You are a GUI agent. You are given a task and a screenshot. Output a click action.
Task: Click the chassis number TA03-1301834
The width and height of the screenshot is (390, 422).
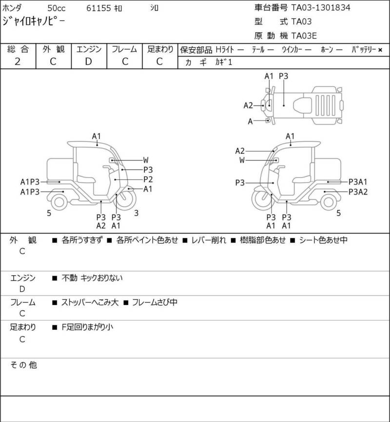(x=321, y=7)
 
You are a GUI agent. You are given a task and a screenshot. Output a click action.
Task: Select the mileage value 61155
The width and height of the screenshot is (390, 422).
(x=98, y=8)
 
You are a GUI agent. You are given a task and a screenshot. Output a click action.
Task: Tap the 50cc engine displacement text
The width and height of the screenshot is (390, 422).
(x=57, y=8)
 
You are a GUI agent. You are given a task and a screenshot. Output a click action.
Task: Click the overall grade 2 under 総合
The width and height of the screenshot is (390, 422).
(x=18, y=61)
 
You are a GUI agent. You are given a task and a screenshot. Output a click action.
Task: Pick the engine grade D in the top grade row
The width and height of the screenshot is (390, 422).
(x=89, y=61)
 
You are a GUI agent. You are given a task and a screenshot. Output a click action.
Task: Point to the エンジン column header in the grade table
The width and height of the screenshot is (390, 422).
(x=89, y=49)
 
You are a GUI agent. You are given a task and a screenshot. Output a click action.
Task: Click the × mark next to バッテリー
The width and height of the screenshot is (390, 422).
(x=380, y=50)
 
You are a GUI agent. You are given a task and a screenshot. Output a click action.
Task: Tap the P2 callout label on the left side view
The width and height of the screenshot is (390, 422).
(x=148, y=179)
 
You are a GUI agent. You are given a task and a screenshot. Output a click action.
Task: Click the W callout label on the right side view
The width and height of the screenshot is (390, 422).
(x=242, y=160)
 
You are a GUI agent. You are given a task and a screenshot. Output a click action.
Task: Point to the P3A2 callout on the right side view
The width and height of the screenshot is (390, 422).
(x=358, y=192)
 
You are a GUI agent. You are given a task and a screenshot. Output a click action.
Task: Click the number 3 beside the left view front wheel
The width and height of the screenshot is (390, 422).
(x=136, y=213)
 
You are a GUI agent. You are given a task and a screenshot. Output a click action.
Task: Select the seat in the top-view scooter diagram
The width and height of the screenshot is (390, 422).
(x=303, y=105)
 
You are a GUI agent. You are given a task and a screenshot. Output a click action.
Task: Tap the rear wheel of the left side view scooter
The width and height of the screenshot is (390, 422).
(x=59, y=202)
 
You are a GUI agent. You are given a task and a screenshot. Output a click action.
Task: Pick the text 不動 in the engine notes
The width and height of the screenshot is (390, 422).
(x=69, y=278)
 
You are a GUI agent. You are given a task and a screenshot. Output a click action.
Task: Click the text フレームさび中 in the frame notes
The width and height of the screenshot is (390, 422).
(x=155, y=302)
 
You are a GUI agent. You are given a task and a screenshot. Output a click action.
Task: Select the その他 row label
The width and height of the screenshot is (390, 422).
(x=23, y=365)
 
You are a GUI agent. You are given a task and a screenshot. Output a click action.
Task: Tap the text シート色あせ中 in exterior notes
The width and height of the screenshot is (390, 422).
(x=323, y=240)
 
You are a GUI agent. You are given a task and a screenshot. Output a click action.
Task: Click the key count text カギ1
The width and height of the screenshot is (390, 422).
(x=223, y=62)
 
